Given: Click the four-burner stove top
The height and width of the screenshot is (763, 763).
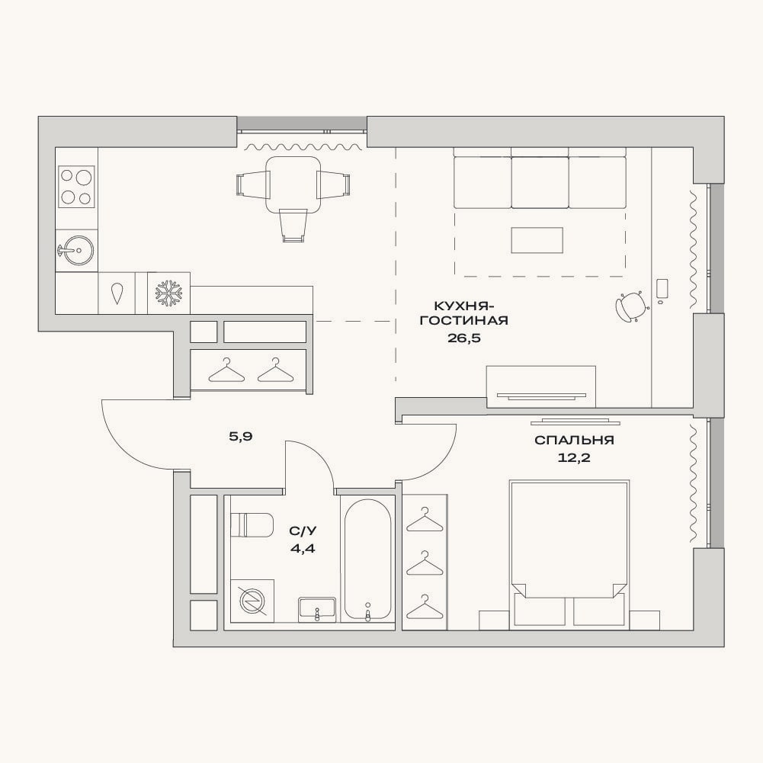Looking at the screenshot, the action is point(76,188).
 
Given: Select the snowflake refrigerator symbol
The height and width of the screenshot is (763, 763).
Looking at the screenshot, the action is point(168,293).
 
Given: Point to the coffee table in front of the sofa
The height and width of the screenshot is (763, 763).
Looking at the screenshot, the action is point(537,240).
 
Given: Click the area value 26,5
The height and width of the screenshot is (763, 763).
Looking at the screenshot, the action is point(463,338).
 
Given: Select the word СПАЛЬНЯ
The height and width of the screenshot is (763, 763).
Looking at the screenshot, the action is point(574,440).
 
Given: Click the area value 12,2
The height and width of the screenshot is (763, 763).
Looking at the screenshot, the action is point(574,457).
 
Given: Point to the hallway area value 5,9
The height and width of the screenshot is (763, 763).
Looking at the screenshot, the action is point(241,437).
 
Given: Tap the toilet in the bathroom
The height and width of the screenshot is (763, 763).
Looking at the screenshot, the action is point(251,524).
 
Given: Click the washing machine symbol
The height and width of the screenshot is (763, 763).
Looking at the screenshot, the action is point(252,601).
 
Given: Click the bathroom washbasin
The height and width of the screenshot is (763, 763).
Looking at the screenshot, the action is point(317,609).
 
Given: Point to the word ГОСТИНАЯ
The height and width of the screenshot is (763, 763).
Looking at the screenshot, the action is point(464,320).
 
